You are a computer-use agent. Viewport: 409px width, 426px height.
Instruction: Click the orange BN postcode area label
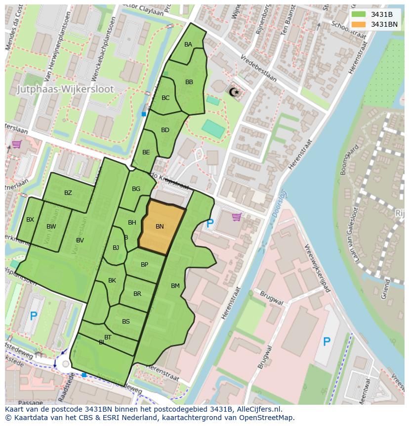pyautogui.click(x=160, y=227)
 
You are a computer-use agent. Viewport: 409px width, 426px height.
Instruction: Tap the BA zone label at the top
pyautogui.click(x=188, y=45)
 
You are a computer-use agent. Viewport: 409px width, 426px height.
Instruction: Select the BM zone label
pyautogui.click(x=175, y=286)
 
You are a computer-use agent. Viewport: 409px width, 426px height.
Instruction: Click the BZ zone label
pyautogui.click(x=68, y=193)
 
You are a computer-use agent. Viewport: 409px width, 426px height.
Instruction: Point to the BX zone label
pyautogui.click(x=30, y=220)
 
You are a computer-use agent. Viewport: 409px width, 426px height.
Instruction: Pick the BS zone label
pyautogui.click(x=126, y=322)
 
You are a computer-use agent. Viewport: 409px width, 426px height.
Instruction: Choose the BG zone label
pyautogui.click(x=136, y=189)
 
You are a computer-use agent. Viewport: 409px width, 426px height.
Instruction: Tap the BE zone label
pyautogui.click(x=146, y=152)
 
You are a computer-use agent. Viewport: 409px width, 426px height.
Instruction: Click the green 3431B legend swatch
pyautogui.click(x=359, y=14)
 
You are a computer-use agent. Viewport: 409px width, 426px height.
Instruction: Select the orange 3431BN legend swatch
pyautogui.click(x=359, y=24)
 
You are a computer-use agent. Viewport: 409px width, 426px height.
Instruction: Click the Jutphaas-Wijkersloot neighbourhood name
pyautogui.click(x=65, y=90)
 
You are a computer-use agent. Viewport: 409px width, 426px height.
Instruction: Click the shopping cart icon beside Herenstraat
pyautogui.click(x=237, y=217)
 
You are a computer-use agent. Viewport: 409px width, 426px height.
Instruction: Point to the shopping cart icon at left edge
pyautogui.click(x=16, y=144)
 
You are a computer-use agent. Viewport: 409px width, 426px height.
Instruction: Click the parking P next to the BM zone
pyautogui.click(x=210, y=224)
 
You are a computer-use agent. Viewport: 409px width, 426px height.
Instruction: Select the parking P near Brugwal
pyautogui.click(x=327, y=341)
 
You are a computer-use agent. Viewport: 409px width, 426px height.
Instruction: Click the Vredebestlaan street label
pyautogui.click(x=258, y=68)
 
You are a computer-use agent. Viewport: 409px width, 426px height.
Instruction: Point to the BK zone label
pyautogui.click(x=112, y=281)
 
